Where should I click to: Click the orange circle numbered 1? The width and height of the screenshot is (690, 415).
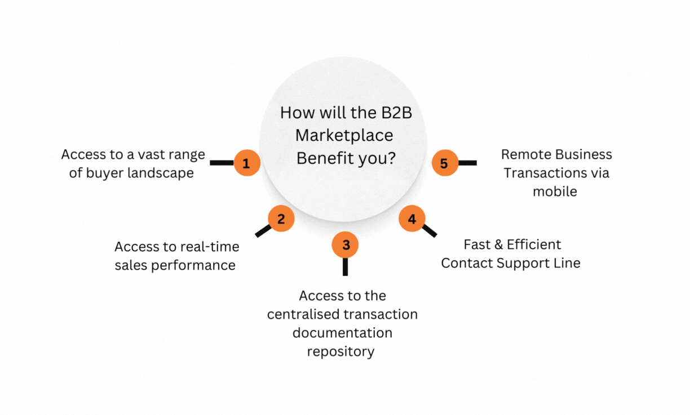click(246, 163)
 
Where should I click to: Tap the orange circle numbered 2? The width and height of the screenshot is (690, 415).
click(281, 218)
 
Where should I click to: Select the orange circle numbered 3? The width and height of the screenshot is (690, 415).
click(346, 244)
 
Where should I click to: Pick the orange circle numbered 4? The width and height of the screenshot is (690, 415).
click(412, 218)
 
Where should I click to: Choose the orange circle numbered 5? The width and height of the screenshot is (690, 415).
click(444, 163)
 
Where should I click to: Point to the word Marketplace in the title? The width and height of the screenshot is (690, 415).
click(344, 136)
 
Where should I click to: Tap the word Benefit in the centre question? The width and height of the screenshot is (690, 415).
click(322, 159)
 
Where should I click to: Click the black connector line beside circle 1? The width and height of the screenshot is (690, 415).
click(221, 163)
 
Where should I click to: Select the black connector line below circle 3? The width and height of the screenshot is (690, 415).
click(345, 267)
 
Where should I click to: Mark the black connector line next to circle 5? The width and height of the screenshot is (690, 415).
click(467, 163)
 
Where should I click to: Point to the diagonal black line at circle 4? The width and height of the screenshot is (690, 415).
click(429, 230)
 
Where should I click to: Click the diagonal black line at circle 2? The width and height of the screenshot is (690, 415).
click(263, 230)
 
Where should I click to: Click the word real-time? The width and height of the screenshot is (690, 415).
click(209, 247)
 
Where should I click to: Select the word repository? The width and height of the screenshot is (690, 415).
click(340, 352)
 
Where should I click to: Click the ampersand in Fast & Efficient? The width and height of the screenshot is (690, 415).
click(497, 244)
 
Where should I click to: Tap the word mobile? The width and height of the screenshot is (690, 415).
click(555, 191)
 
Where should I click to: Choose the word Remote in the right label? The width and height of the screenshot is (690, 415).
click(524, 154)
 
